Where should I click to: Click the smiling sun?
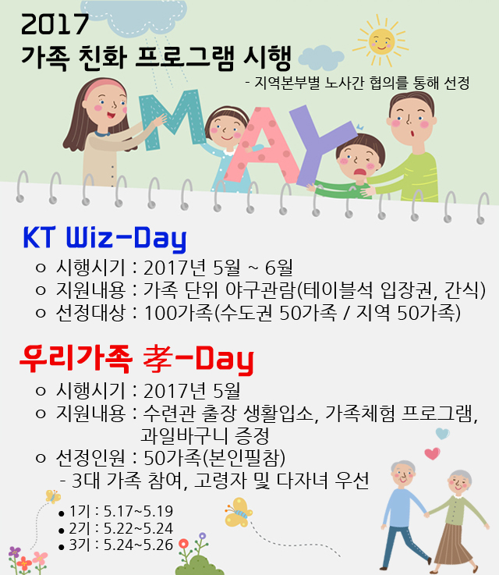point(381,41)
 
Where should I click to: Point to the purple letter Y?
point(318,143)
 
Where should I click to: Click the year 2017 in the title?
point(55,24)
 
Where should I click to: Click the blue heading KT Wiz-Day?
point(104,239)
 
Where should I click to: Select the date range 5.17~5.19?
point(138,511)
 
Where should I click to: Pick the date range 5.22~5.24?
point(138,528)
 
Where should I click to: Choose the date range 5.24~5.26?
point(138,545)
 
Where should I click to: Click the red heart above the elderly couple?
point(432,453)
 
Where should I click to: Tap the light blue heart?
point(443,434)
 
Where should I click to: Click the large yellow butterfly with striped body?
point(239,512)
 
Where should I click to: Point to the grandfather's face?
point(403,476)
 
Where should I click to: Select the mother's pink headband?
point(104,86)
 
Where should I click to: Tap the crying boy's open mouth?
point(360,172)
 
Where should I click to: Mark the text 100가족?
point(178,313)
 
